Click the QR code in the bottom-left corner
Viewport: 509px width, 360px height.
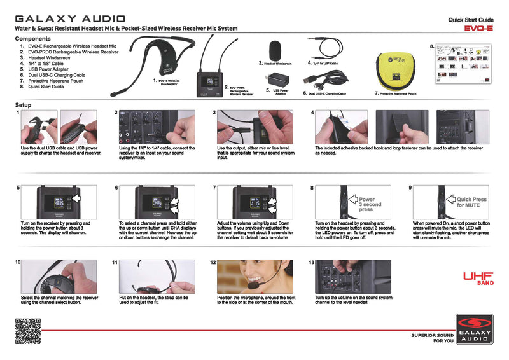27,330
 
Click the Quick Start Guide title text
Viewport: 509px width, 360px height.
471,20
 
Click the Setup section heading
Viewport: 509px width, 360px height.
24,105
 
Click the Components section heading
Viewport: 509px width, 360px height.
32,39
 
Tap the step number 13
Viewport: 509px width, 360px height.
311,262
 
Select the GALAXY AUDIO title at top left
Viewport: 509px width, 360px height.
70,19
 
